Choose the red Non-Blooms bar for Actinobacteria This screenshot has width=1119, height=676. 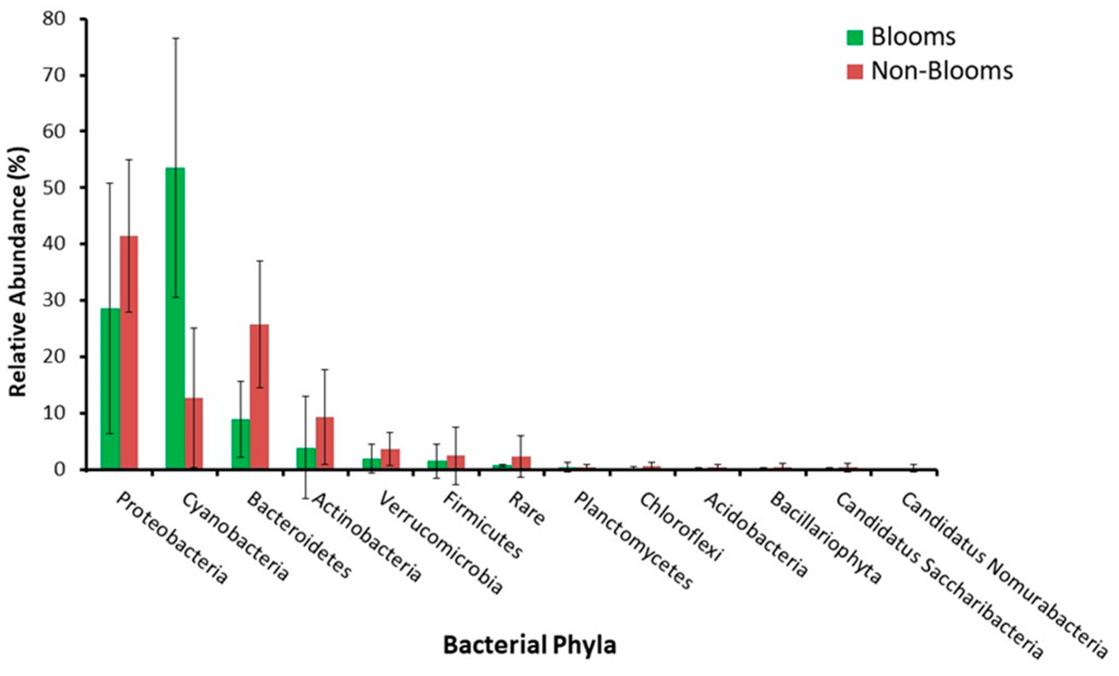(x=325, y=443)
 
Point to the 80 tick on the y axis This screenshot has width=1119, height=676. (x=53, y=19)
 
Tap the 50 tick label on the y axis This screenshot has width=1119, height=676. (x=53, y=188)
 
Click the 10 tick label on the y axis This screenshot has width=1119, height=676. (x=53, y=413)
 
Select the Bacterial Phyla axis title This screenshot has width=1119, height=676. (x=530, y=645)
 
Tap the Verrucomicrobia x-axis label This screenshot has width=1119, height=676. (x=441, y=542)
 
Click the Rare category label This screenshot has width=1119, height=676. (x=526, y=508)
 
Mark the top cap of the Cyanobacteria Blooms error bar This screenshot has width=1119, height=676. (x=175, y=38)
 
